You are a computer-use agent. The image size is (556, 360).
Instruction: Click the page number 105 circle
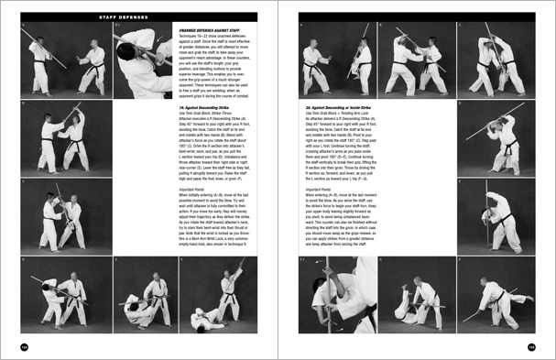coord(531,346)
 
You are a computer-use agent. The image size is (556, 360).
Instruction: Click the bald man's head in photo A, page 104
coord(38,39)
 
